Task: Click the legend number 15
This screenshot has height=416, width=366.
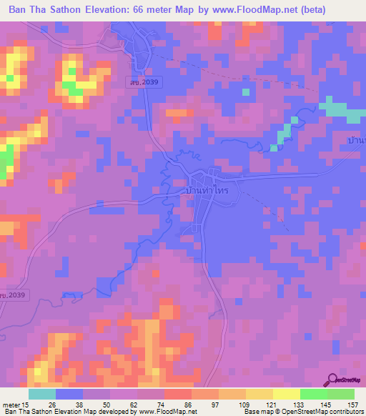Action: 26,405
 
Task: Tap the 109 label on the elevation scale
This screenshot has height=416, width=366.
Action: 244,405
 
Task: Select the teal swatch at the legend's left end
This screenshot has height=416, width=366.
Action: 42,394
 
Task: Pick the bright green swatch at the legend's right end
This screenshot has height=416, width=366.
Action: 340,394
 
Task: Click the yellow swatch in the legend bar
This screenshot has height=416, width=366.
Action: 286,394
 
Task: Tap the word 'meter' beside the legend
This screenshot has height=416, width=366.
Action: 11,405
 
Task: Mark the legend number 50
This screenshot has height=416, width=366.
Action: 108,405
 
